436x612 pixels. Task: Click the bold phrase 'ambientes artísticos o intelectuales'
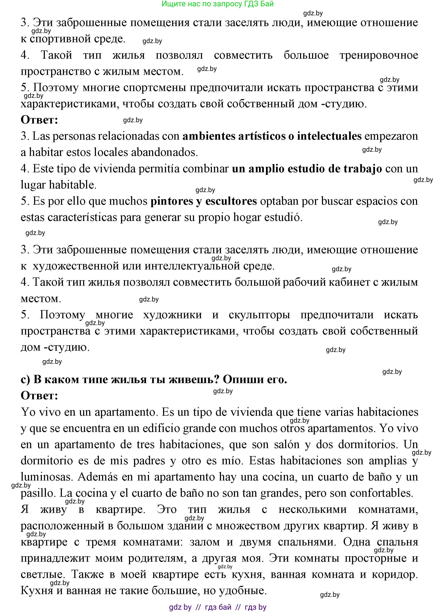click(x=272, y=136)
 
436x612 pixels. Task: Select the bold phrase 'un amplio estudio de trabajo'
click(x=307, y=169)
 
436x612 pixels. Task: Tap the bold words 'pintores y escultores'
click(x=203, y=201)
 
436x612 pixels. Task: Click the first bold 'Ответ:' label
click(x=40, y=120)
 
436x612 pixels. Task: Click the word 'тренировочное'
click(x=379, y=55)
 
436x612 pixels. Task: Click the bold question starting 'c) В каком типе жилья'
click(x=154, y=379)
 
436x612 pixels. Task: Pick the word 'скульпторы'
click(x=259, y=315)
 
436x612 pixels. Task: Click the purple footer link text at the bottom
click(x=217, y=607)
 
